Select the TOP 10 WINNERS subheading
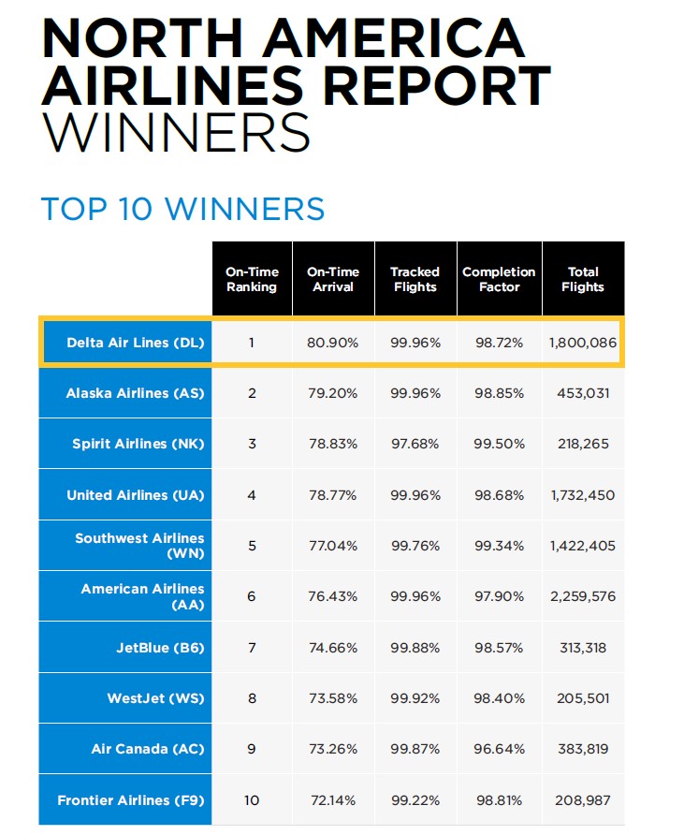182,209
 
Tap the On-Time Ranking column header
252,279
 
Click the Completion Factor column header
499,279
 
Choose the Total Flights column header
583,279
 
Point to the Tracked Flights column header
415,279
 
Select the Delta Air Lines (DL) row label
131,343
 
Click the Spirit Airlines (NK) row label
138,444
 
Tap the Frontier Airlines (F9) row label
130,799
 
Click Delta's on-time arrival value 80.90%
332,343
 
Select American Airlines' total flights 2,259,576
582,596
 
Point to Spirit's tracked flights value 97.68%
415,444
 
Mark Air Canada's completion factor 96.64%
499,749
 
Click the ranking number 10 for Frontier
252,799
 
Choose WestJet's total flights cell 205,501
582,697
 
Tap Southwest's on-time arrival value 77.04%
332,546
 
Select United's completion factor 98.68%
499,494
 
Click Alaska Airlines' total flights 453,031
582,393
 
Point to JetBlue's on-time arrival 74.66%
332,647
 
